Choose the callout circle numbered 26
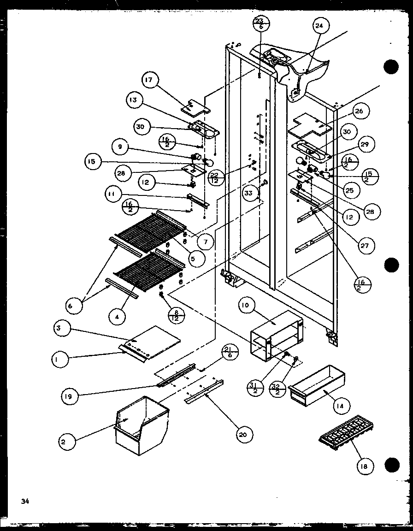(359, 111)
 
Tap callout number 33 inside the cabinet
(249, 193)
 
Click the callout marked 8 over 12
(177, 314)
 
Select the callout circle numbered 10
(247, 306)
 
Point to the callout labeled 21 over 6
(230, 352)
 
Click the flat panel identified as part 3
(152, 343)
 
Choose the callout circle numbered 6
(75, 304)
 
